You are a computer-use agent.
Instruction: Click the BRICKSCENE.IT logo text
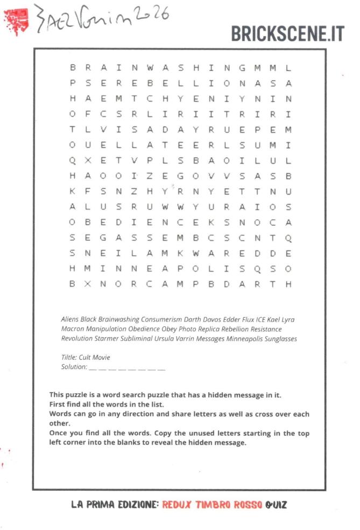(287, 33)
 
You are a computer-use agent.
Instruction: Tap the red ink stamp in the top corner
(17, 20)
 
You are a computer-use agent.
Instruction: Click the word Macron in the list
(73, 329)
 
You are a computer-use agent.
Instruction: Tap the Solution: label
(74, 367)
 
